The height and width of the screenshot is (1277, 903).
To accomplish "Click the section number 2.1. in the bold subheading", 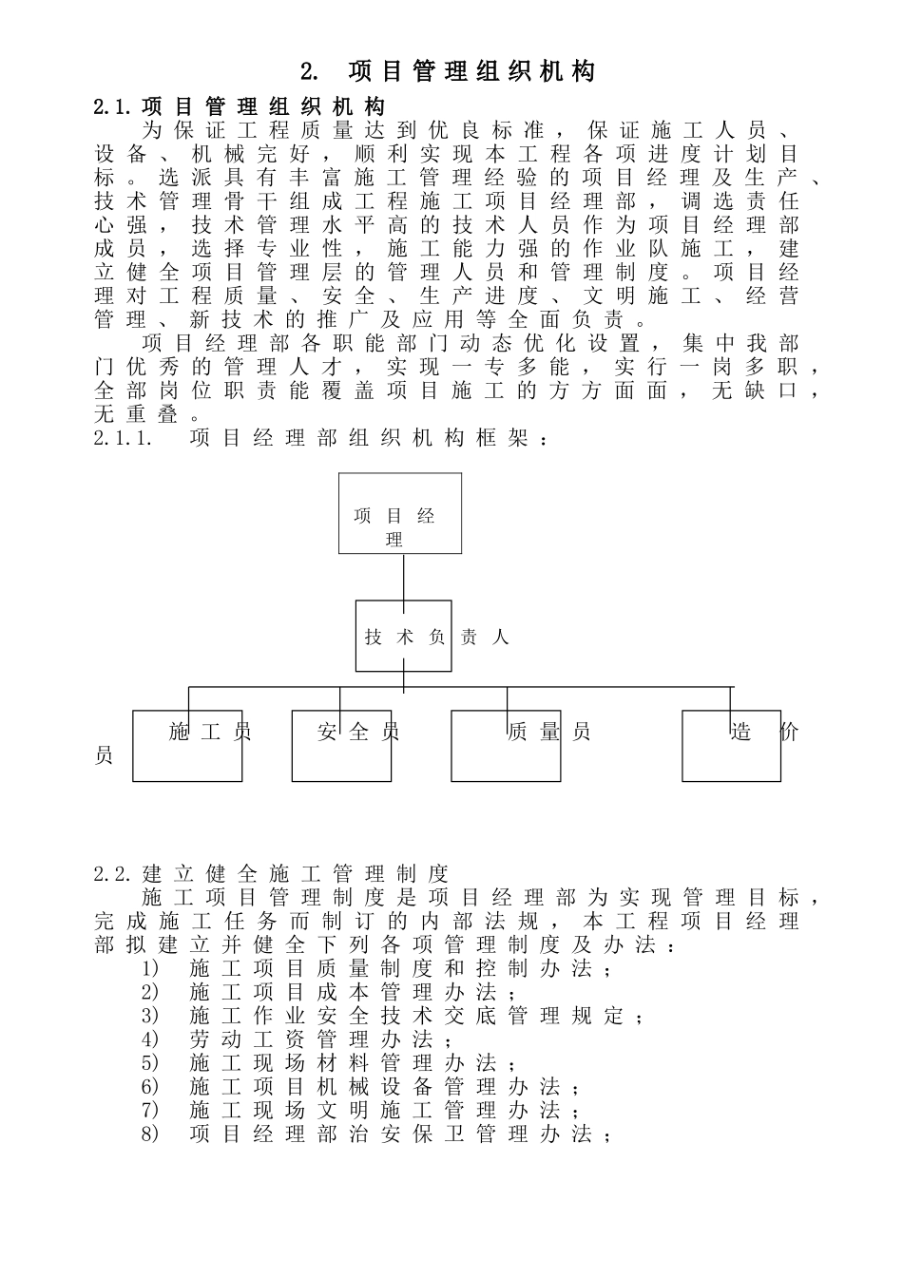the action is click(115, 106).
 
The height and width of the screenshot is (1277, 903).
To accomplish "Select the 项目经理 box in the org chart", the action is click(400, 513).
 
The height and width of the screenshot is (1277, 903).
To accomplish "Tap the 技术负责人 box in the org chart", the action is click(403, 637).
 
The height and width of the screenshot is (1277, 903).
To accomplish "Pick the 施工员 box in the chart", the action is click(187, 746).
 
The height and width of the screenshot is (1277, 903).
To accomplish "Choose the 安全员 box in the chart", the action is click(341, 746).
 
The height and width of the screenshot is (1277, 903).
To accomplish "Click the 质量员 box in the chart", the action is click(505, 746).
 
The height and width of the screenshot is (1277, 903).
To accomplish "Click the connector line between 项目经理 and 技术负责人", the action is click(404, 577).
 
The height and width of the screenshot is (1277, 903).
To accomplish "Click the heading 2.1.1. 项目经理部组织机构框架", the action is click(321, 438).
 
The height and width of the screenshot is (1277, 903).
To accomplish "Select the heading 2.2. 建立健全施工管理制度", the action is click(271, 873).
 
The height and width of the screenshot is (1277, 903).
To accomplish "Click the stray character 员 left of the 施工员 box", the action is click(104, 755).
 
